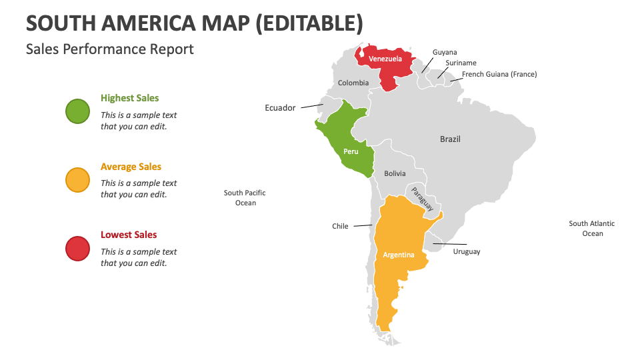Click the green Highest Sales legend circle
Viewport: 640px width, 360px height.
(77, 111)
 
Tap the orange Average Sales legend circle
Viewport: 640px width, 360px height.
(77, 180)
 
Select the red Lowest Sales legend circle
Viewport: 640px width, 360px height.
(77, 248)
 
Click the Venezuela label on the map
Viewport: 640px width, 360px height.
(385, 59)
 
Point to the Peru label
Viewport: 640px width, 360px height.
(351, 151)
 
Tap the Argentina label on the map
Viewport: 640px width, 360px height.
(399, 255)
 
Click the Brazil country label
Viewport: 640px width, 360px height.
(450, 139)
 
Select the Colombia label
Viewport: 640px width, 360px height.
(353, 83)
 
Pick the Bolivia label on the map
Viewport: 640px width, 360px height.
(394, 173)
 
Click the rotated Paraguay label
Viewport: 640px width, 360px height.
(422, 199)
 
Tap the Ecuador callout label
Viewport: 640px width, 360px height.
(280, 108)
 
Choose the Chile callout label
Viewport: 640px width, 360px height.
(340, 226)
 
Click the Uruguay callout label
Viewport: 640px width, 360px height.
(467, 252)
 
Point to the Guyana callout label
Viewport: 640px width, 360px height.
(445, 52)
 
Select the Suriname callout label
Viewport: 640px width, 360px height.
(461, 63)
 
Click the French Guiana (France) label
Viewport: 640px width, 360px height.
(499, 74)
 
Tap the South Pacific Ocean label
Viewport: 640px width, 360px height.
(245, 197)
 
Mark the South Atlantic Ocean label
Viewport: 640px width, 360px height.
(592, 228)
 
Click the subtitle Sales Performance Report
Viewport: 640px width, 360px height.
(110, 49)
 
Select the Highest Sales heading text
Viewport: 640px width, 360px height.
(130, 98)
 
